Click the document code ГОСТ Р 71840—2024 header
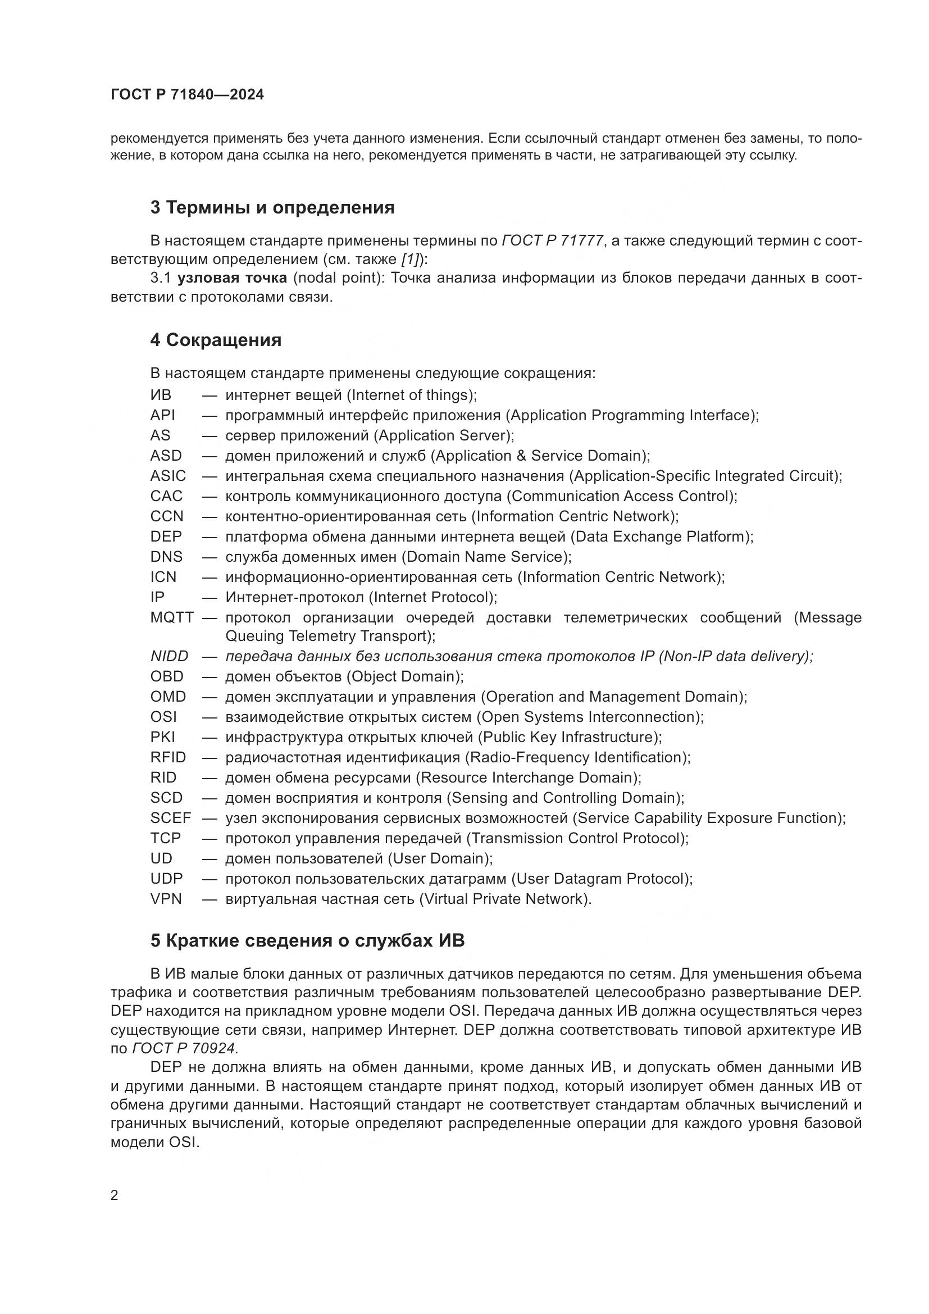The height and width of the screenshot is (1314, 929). coord(187,95)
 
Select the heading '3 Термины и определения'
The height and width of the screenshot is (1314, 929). coord(272,207)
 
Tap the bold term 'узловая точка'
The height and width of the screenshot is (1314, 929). coord(233,278)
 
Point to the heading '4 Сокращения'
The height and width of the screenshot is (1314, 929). coord(216,340)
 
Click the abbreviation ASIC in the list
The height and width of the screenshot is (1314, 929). coord(168,476)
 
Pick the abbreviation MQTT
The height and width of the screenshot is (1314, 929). coord(172,617)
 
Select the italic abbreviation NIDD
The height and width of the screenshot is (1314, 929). coord(169,656)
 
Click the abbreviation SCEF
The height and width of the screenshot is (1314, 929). coord(171,818)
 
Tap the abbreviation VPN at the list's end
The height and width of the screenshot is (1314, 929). coord(166,898)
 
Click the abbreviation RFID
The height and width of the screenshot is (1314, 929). coord(168,757)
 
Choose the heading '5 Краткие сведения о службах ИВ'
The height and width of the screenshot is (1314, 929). coord(307,941)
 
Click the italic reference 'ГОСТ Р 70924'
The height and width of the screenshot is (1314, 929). coord(184,1048)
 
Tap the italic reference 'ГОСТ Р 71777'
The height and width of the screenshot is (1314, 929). coord(553,241)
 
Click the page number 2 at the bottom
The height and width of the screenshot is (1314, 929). coord(115,1195)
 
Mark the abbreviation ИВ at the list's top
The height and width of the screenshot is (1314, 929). coord(161,395)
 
